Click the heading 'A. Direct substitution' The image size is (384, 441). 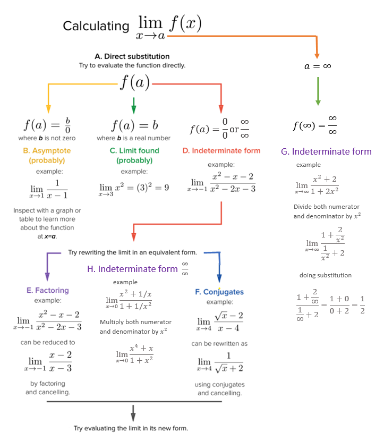click(x=132, y=56)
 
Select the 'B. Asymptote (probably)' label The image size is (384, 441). click(x=47, y=155)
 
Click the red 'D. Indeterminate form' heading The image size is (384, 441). click(x=221, y=151)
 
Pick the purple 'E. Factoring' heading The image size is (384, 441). click(x=48, y=291)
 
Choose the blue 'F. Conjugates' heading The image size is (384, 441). click(x=219, y=292)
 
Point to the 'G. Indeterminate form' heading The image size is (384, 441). click(x=326, y=151)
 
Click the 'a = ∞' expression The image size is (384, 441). click(x=318, y=67)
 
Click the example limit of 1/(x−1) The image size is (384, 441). click(x=48, y=190)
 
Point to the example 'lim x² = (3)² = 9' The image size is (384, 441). click(x=134, y=188)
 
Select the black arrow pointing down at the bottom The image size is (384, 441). click(x=133, y=412)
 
